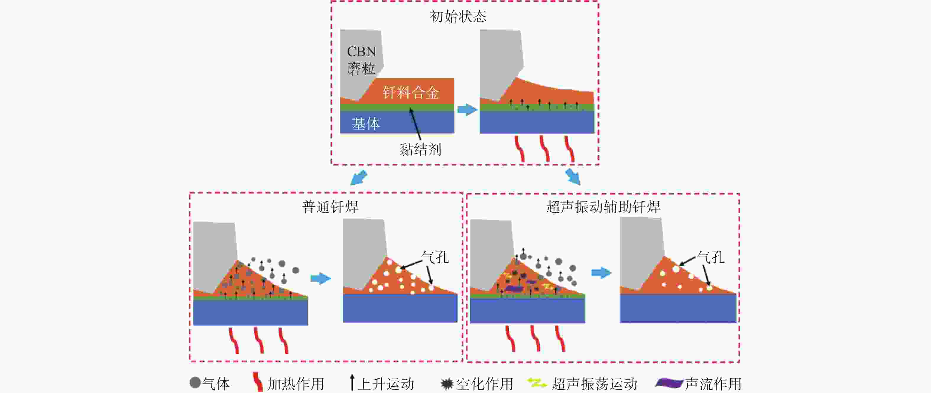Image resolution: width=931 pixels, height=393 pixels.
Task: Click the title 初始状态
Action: pyautogui.click(x=458, y=17)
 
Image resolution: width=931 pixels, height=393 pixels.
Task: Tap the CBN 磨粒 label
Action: pyautogui.click(x=361, y=60)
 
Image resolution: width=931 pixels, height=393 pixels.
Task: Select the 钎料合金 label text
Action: pyautogui.click(x=411, y=93)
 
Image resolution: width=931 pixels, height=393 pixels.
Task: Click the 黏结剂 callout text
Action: pyautogui.click(x=420, y=149)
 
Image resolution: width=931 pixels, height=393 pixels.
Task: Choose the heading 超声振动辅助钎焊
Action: pyautogui.click(x=603, y=207)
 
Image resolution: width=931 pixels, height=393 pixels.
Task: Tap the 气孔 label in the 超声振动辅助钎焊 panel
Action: pyautogui.click(x=711, y=257)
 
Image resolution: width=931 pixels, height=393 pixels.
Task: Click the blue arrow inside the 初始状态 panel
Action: pyautogui.click(x=467, y=110)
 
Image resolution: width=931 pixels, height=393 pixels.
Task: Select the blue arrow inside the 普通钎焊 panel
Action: pyautogui.click(x=321, y=278)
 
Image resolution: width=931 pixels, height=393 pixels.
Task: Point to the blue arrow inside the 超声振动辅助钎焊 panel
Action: pyautogui.click(x=601, y=273)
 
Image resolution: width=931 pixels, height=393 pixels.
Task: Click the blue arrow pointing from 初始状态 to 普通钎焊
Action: pyautogui.click(x=359, y=178)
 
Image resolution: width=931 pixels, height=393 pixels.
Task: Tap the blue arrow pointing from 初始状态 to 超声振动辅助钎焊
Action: pyautogui.click(x=573, y=177)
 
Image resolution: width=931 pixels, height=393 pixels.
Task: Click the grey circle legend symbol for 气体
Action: pyautogui.click(x=195, y=383)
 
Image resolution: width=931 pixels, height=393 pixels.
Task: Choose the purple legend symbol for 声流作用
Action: pyautogui.click(x=669, y=383)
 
